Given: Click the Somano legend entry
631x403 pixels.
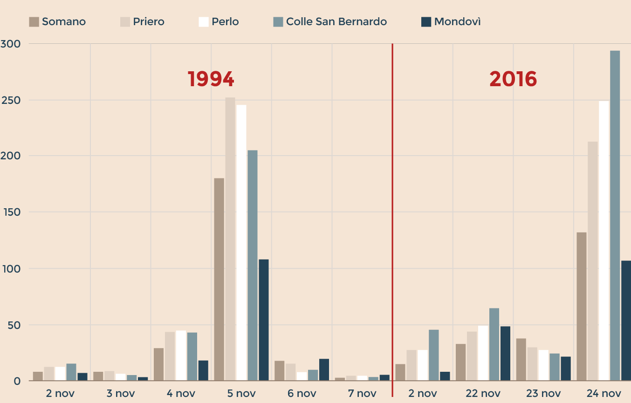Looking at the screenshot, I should click(x=57, y=22).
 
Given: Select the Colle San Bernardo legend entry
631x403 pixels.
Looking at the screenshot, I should click(x=330, y=22).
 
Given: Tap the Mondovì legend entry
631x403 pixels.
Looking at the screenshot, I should click(x=451, y=22).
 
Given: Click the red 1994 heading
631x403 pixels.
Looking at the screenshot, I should click(x=211, y=79).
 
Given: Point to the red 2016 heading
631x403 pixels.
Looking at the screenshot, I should click(x=513, y=79).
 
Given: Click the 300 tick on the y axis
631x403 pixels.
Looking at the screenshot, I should click(x=10, y=44).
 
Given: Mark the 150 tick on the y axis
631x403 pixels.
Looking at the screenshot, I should click(x=10, y=212).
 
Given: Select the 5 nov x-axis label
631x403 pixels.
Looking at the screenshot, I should click(x=241, y=393).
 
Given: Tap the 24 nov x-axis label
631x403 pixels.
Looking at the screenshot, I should click(x=604, y=393).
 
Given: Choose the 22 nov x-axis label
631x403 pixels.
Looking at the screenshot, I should click(x=483, y=393).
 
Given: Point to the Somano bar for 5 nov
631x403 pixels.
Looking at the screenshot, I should click(x=219, y=280).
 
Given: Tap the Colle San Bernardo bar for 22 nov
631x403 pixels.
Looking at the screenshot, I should click(x=494, y=344).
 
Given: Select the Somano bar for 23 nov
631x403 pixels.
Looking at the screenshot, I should click(x=521, y=359).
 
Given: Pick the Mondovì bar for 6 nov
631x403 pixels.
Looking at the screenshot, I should click(x=324, y=369).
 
